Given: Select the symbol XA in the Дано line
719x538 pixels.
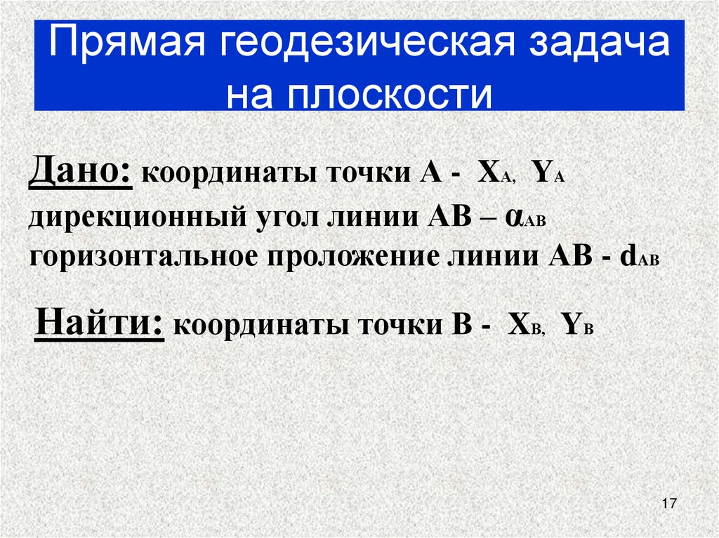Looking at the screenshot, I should pyautogui.click(x=496, y=175).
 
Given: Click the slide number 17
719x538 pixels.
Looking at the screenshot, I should pyautogui.click(x=668, y=504).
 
